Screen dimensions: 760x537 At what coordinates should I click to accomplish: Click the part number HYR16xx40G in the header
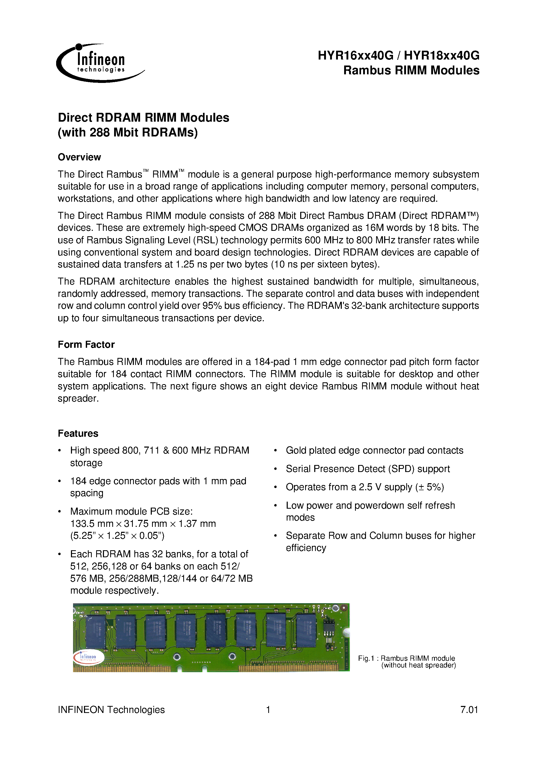pos(355,56)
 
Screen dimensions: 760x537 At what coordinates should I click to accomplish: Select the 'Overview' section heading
pos(79,157)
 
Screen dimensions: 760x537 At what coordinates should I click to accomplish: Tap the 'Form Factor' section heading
pos(86,345)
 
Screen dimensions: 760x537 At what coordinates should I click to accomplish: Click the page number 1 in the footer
pos(268,709)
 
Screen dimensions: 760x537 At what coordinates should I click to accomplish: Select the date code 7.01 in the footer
pos(469,709)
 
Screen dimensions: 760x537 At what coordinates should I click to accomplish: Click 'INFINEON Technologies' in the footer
pos(111,709)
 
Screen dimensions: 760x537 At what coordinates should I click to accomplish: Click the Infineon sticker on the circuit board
pos(88,657)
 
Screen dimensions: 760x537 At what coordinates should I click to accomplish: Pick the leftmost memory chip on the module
pos(95,632)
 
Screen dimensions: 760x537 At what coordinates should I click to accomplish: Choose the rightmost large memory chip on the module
pos(306,631)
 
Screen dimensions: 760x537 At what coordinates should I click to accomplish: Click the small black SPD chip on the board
pos(329,626)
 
